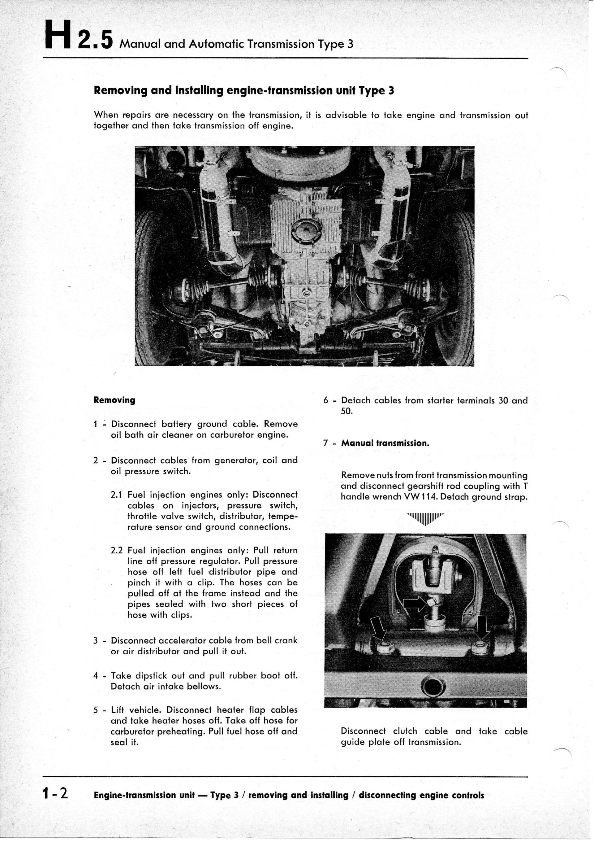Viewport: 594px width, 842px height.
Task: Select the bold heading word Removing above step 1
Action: click(x=114, y=400)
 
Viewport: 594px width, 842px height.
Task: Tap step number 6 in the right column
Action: click(x=326, y=400)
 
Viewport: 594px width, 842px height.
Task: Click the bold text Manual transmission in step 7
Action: click(x=385, y=443)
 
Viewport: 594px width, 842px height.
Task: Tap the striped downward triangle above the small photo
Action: click(x=425, y=519)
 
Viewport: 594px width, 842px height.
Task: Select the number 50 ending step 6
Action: click(x=346, y=412)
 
